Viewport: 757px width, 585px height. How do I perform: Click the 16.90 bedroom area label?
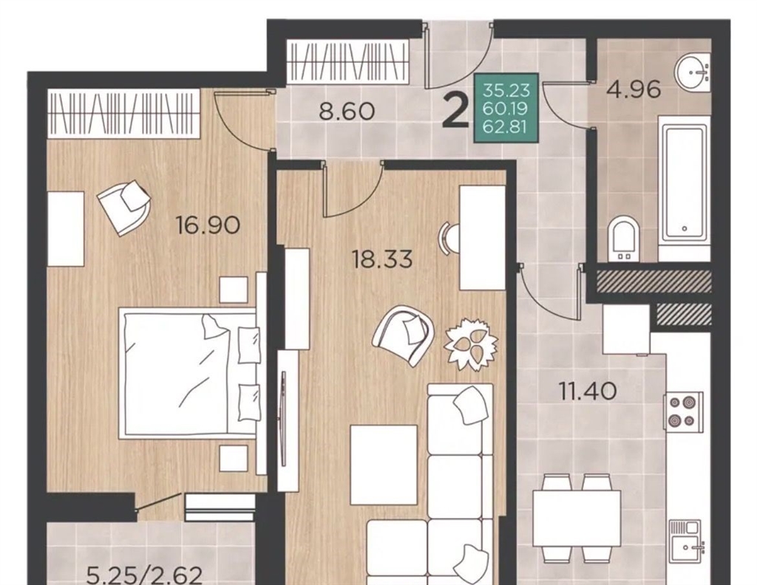208,225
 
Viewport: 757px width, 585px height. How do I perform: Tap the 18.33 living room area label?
382,259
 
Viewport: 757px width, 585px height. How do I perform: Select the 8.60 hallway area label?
347,112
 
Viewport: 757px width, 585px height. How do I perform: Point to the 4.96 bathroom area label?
634,89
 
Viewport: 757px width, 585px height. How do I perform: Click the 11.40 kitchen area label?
588,391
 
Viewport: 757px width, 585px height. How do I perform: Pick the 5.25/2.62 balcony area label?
144,575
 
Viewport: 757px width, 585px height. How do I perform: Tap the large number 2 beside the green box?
455,111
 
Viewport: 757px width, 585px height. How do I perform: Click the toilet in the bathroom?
622,240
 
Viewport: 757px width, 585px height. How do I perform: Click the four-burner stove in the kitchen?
683,411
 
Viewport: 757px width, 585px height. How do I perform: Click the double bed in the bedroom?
190,373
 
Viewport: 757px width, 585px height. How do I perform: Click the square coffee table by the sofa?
384,465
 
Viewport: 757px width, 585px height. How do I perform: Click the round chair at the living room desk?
449,236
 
